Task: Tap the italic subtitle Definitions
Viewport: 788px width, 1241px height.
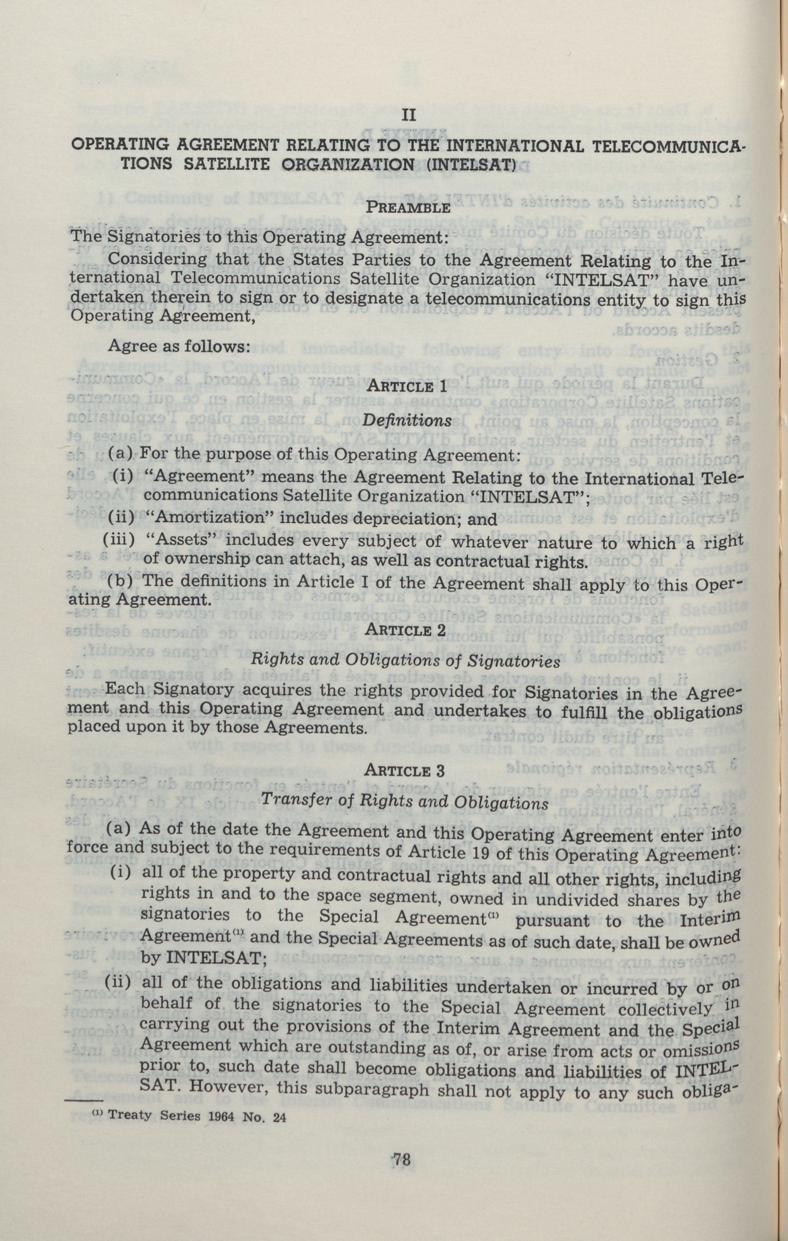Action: (x=407, y=420)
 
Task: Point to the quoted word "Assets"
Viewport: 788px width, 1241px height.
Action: (x=179, y=541)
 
